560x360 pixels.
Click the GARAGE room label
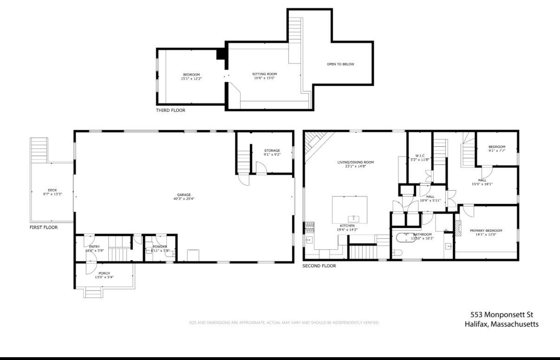pos(184,195)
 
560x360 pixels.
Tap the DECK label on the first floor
pos(52,190)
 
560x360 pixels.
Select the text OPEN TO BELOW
pos(340,64)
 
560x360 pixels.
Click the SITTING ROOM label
pos(265,74)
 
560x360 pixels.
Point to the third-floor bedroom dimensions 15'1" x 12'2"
pos(191,79)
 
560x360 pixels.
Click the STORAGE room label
pos(272,151)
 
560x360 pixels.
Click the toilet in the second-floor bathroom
pos(396,253)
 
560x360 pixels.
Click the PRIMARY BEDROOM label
pos(486,231)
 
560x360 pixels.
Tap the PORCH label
pos(104,273)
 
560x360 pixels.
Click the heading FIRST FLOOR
pos(43,228)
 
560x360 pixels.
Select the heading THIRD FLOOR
pos(170,111)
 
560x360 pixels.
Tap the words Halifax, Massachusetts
pos(501,324)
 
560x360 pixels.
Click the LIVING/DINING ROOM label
pos(355,162)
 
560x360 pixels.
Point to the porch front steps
pos(93,293)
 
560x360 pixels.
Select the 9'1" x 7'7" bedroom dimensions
pos(496,151)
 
